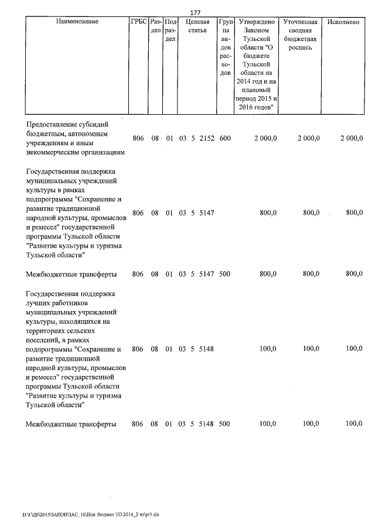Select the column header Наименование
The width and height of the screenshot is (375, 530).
tap(77, 22)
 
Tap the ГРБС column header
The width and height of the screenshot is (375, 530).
tap(138, 22)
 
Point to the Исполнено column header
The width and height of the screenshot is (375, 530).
tap(343, 22)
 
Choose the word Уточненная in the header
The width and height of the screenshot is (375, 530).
tap(300, 22)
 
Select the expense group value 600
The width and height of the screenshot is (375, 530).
tap(225, 138)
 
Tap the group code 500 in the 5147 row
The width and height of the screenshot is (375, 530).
tap(225, 273)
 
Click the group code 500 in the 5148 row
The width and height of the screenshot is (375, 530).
tap(225, 423)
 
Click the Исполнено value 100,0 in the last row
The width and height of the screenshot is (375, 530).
tap(354, 423)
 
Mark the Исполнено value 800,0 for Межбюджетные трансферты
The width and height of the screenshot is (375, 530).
tap(354, 273)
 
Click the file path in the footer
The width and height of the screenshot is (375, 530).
tap(90, 515)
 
